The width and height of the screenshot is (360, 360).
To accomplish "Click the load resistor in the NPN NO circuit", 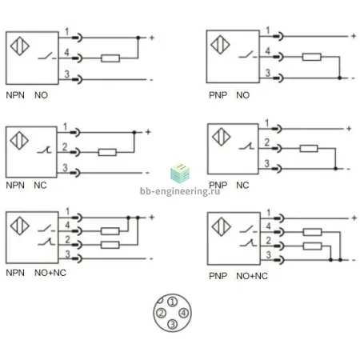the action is point(110,58).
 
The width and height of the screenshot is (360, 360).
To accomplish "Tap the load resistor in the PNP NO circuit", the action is point(311,57).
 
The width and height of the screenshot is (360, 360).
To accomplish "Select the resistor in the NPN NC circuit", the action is point(107,152).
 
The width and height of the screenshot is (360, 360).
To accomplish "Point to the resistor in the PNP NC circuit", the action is point(309,149).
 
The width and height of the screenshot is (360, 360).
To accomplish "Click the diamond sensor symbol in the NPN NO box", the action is point(20,46).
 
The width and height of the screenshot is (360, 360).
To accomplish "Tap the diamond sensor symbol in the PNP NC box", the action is point(222,137).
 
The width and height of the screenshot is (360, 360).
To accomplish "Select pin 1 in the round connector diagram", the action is point(173,302).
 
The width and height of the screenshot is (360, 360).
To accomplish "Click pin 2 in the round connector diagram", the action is point(161,313).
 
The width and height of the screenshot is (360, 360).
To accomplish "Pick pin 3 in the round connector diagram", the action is point(173,324).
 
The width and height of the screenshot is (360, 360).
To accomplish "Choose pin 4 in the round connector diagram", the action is point(184,313).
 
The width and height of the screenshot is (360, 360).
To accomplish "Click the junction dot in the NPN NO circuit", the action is point(138,38).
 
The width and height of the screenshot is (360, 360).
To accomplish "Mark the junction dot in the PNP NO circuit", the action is point(339,78).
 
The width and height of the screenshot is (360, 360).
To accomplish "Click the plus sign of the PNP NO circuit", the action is point(354,36).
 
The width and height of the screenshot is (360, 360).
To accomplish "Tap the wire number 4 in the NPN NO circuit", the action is point(66,52).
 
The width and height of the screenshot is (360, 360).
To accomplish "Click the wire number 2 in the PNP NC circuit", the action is point(267,142).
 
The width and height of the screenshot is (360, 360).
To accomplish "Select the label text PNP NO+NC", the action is point(238,276).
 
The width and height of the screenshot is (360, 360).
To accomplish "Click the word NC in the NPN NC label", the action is point(40,185).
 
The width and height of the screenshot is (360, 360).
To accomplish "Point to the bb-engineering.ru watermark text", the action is point(180,191).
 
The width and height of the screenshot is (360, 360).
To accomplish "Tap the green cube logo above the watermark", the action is point(180,174).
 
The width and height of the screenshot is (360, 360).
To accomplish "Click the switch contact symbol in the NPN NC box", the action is point(44,150).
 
